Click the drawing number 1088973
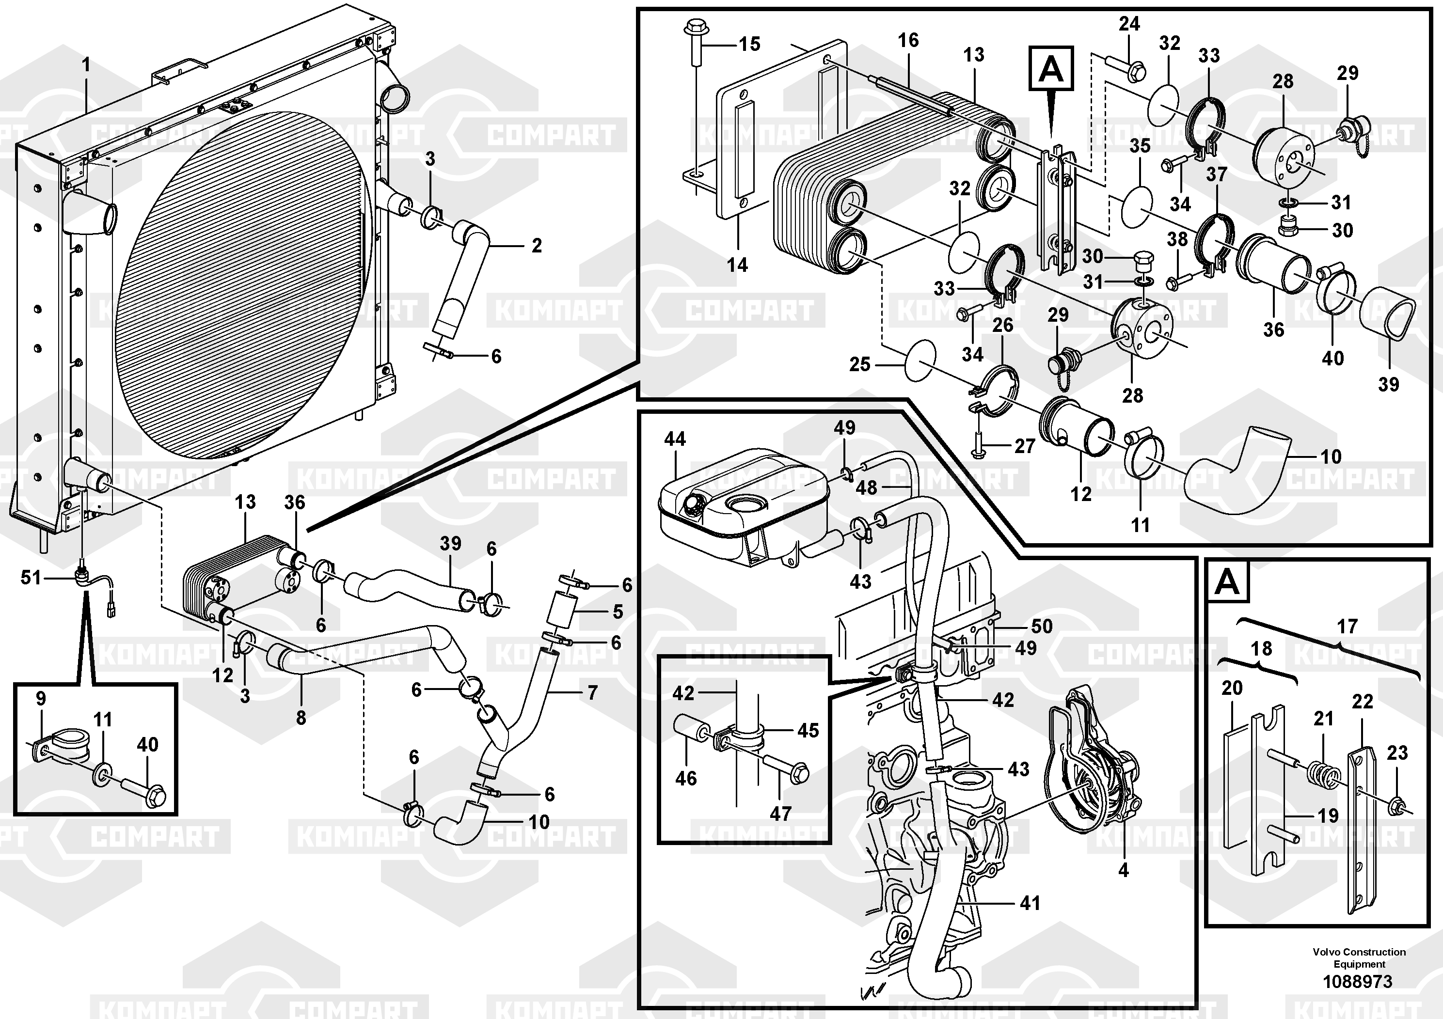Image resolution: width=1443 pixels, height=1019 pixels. click(1358, 981)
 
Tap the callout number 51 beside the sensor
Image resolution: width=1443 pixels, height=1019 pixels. click(31, 578)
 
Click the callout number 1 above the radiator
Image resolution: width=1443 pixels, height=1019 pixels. click(86, 65)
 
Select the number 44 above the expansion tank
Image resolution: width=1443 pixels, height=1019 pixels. click(675, 439)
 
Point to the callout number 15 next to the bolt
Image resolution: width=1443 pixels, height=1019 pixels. click(749, 44)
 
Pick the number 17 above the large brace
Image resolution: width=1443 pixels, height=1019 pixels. click(1347, 627)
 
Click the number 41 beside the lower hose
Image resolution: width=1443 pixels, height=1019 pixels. click(1030, 903)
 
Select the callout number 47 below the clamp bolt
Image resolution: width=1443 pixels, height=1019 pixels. click(780, 814)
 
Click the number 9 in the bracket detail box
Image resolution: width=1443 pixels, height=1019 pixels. click(41, 699)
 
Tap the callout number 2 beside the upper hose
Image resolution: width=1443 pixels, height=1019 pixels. click(536, 246)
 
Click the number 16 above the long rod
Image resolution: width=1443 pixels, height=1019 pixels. click(907, 40)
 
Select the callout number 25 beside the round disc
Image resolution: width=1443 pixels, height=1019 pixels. click(860, 364)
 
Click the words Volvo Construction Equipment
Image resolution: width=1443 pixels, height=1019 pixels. click(1359, 957)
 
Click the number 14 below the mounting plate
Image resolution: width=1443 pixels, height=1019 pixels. click(737, 265)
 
